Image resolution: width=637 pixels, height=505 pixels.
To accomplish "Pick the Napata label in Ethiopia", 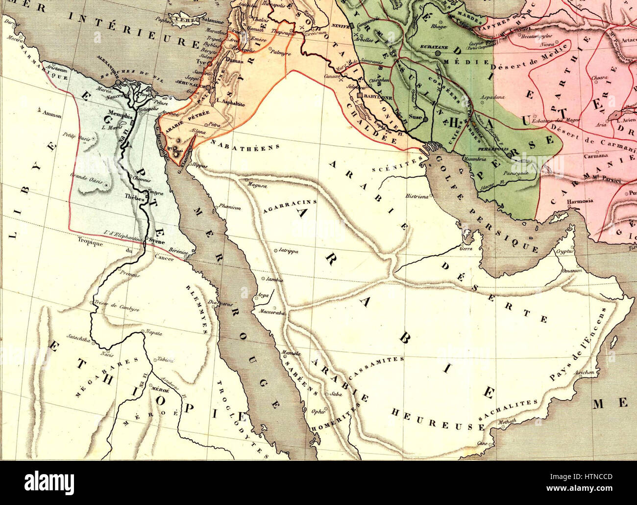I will tap(153, 332).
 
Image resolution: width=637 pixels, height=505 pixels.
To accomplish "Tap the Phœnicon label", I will tap(231, 208).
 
